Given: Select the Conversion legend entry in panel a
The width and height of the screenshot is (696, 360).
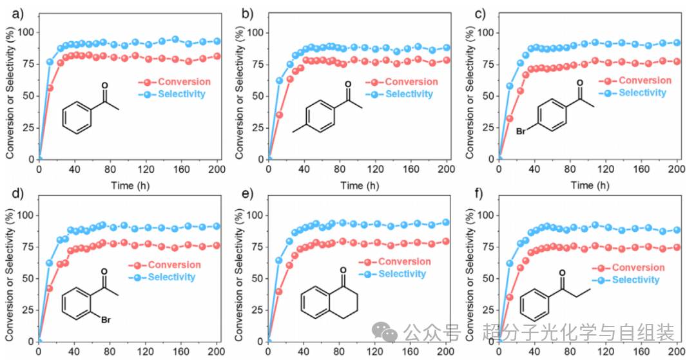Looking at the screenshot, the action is [175, 82].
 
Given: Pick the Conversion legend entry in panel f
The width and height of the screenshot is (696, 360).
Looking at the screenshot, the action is [628, 268].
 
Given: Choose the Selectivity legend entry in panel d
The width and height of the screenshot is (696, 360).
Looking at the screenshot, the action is [162, 277].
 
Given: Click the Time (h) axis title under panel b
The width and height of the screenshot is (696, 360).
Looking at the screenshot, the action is [360, 185].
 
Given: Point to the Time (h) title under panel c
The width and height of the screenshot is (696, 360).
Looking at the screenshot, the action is [590, 185].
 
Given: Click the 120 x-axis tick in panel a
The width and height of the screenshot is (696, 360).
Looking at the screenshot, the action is [146, 169].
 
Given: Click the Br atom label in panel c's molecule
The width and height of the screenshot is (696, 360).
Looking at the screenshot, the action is [521, 131].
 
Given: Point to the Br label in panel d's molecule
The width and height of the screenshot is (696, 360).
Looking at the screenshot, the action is [106, 319].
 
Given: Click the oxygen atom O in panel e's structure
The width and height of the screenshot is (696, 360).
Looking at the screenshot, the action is [343, 270].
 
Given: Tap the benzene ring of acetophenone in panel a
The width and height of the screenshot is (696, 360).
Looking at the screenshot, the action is [77, 117].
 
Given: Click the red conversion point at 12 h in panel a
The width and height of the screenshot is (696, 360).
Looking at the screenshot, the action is [50, 88].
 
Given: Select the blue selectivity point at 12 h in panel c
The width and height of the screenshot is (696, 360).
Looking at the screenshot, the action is [510, 86].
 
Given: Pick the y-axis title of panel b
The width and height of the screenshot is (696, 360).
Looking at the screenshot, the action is [240, 92].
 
